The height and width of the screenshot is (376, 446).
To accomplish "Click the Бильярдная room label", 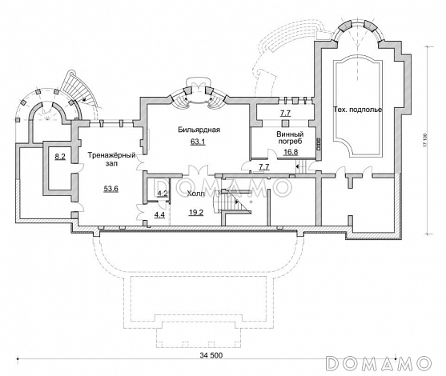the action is (x=199, y=130).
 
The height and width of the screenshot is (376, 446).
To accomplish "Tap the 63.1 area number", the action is (x=198, y=142).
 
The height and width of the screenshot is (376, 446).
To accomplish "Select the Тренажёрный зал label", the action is (x=111, y=159).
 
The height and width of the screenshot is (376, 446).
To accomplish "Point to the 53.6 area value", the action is (x=111, y=189).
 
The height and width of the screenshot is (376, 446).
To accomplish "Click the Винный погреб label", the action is (x=290, y=138).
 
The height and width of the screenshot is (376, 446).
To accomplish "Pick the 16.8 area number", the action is (x=291, y=152).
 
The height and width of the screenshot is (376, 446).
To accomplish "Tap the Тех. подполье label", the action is (x=357, y=110).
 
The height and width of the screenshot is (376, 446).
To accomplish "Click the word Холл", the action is (x=195, y=194).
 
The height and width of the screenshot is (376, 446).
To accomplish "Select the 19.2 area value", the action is (x=196, y=212).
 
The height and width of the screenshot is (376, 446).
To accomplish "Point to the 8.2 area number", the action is (x=60, y=156).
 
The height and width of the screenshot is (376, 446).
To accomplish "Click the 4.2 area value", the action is (x=163, y=194).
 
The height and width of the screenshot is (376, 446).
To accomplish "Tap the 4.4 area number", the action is (x=159, y=215).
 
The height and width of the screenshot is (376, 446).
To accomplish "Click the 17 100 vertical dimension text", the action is (x=425, y=140).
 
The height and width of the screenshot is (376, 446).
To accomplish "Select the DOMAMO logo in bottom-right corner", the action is (x=378, y=363).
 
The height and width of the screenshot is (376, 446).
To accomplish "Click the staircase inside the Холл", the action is (x=233, y=202).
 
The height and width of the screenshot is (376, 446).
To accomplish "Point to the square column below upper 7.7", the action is (x=285, y=123).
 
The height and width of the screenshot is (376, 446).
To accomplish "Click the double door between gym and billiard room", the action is (x=140, y=162).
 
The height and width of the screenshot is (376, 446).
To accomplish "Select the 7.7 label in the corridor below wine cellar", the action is (x=264, y=167).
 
